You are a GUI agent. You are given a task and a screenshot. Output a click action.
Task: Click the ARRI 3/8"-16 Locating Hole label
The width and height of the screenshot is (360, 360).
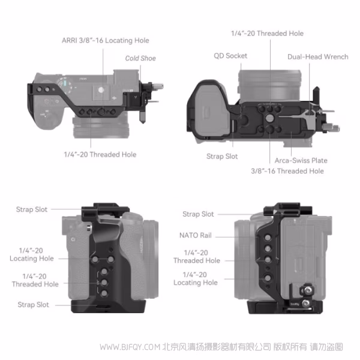coord(105,40)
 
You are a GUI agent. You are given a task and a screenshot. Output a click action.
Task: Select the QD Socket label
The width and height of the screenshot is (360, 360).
coord(230,56)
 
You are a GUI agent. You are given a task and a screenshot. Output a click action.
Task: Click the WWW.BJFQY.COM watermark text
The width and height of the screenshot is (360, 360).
coord(122,347)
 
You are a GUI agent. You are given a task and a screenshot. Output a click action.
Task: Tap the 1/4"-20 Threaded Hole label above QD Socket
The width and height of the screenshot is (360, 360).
coord(267,34)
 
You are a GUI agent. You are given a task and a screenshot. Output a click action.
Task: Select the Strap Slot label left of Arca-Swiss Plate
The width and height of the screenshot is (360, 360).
coord(222,156)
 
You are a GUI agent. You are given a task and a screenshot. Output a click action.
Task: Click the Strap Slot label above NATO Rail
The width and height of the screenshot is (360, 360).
coord(198,214)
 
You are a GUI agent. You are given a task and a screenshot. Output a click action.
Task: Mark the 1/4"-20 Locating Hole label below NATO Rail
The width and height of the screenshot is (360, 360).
coord(196,278)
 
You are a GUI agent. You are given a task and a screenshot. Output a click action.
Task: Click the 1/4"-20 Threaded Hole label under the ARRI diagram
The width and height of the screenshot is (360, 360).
coord(100,154)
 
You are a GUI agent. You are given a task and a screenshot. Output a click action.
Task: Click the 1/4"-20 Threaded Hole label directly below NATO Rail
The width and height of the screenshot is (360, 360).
coord(196,257)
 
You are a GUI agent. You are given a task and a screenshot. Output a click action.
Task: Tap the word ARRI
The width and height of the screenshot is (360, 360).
coord(71,40)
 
